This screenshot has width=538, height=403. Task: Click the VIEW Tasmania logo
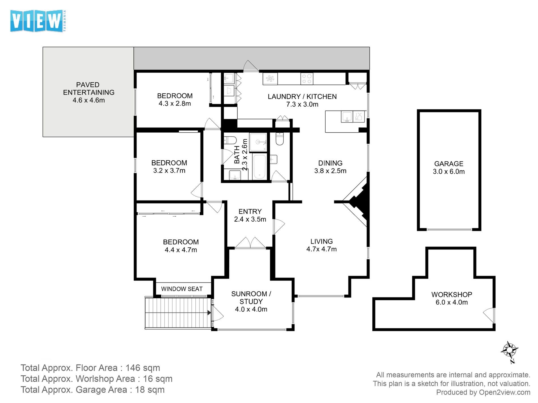pos(38,21)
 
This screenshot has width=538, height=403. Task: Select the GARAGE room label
pos(449,164)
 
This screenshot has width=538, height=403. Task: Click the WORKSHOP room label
pos(452,294)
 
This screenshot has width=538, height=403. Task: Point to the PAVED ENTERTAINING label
pos(89,89)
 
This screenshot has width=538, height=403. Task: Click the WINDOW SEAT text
pos(182,289)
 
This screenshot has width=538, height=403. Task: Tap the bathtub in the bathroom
pos(259,167)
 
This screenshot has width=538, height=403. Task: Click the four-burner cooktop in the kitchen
pos(307,79)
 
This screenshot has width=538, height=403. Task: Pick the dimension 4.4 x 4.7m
pos(181,250)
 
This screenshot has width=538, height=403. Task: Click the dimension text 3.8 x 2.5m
pos(330,171)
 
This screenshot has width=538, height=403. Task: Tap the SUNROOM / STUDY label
pos(251,298)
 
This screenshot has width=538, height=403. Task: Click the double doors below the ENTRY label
pos(250,243)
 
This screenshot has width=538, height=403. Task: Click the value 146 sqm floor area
pos(143,368)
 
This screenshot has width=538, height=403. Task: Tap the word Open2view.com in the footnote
pos(505,392)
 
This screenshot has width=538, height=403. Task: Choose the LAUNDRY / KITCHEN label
pos(302,96)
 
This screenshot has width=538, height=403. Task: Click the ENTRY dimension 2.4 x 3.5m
pos(250,219)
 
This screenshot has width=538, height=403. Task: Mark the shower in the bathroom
pos(258,142)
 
